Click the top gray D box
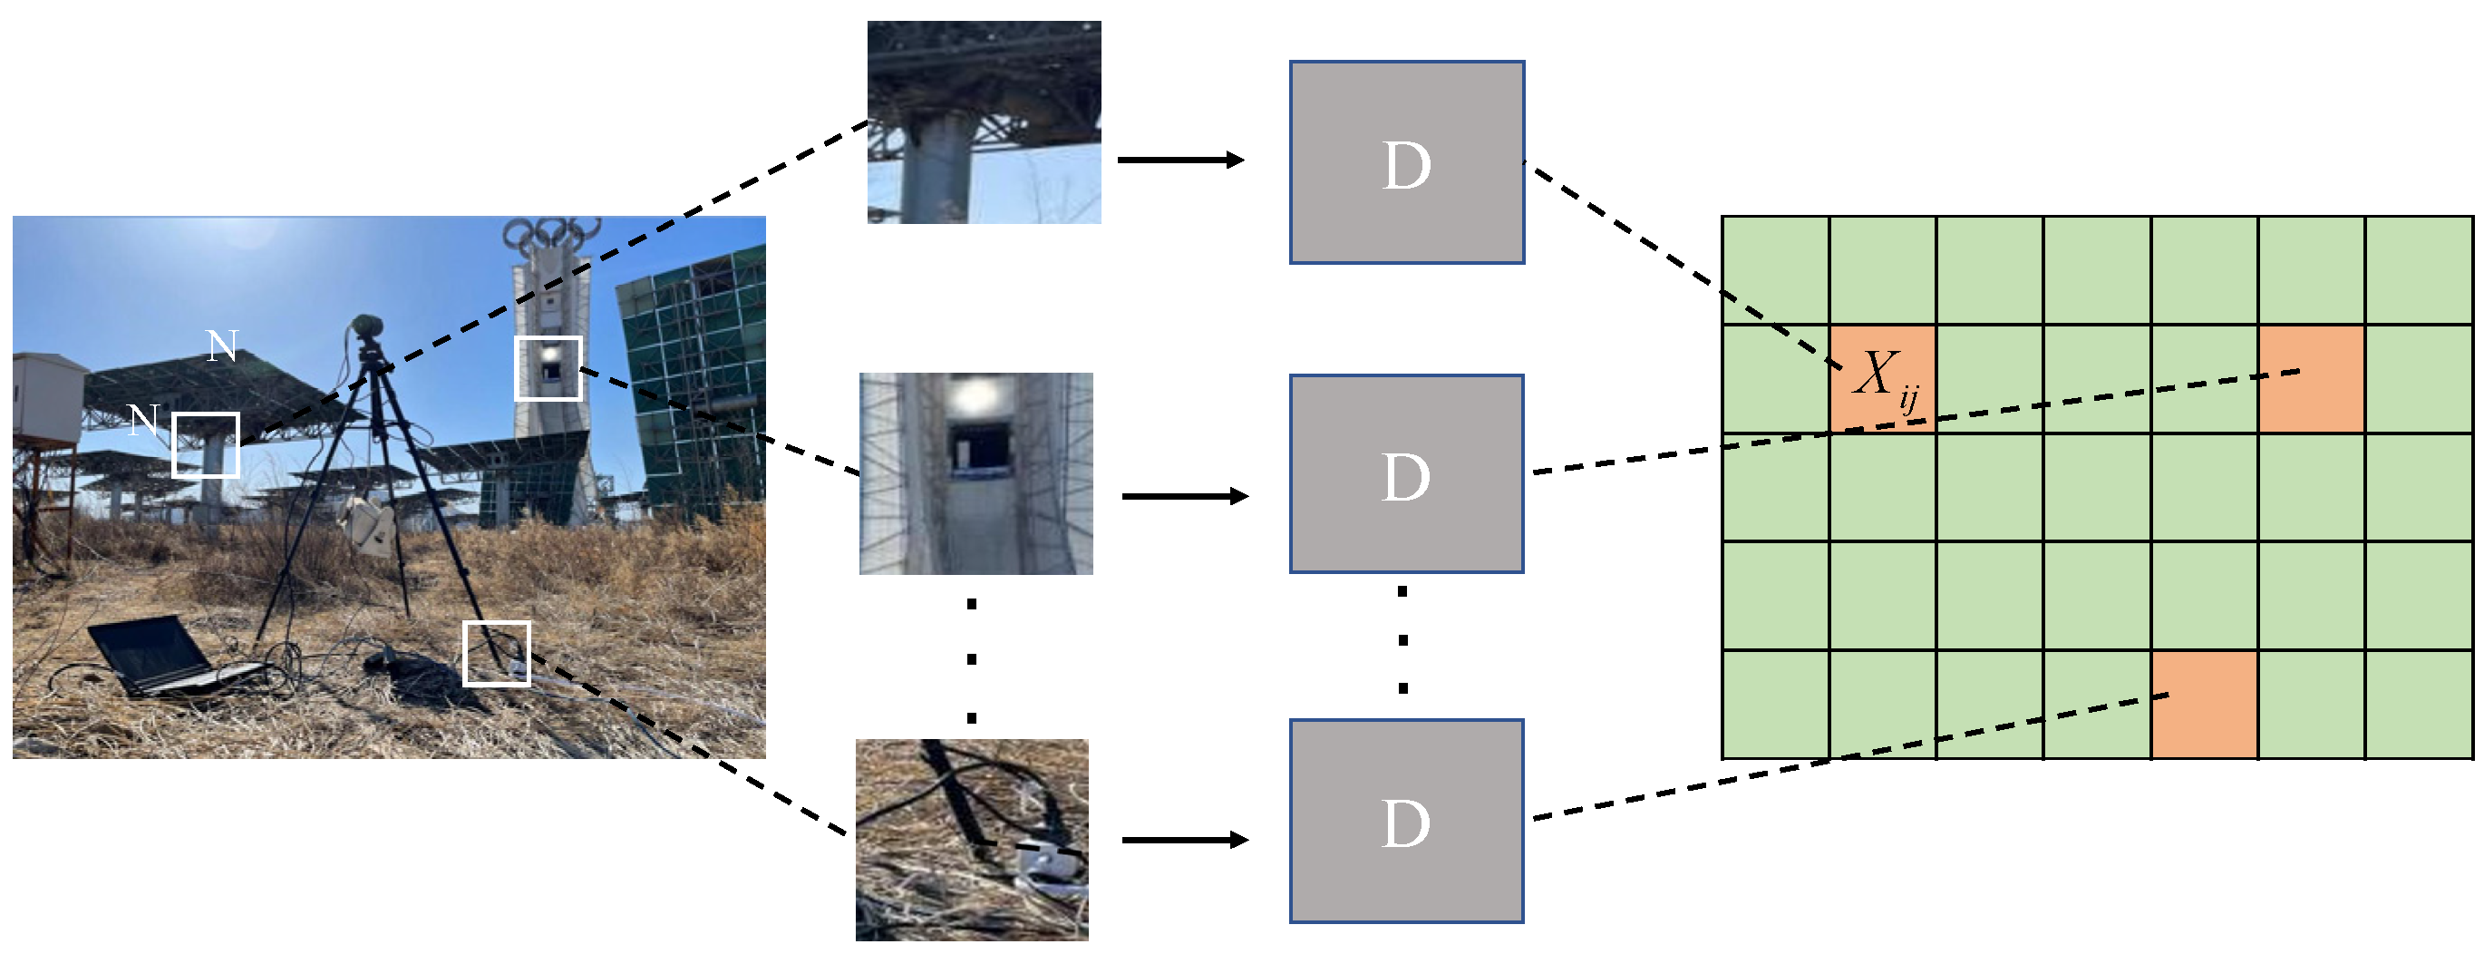(x=1407, y=162)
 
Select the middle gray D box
(x=1407, y=473)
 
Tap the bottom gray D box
(x=1407, y=821)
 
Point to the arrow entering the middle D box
(x=1185, y=496)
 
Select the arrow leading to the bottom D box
(x=1185, y=840)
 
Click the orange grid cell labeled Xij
(x=1882, y=379)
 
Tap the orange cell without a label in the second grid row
(x=2312, y=379)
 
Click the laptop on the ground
(x=160, y=656)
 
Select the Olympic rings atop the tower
(x=550, y=231)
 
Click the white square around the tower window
(x=548, y=367)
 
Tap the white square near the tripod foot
(x=497, y=653)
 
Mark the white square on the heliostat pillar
(x=206, y=444)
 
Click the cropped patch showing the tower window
(x=975, y=473)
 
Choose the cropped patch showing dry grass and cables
(x=972, y=839)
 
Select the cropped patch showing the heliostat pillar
(x=984, y=122)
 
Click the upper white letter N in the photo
(x=223, y=346)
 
